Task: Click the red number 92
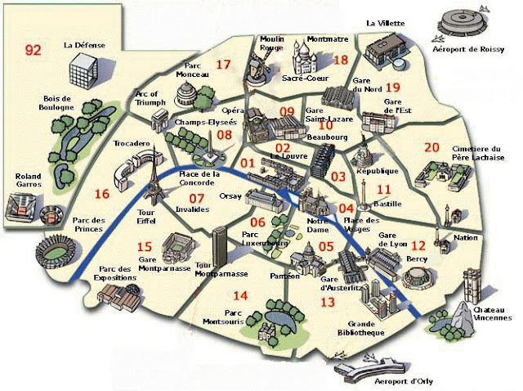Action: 33,50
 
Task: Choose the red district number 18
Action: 341,60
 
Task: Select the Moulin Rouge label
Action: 270,43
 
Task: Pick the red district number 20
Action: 409,147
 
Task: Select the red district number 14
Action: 240,295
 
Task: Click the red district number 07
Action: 197,197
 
